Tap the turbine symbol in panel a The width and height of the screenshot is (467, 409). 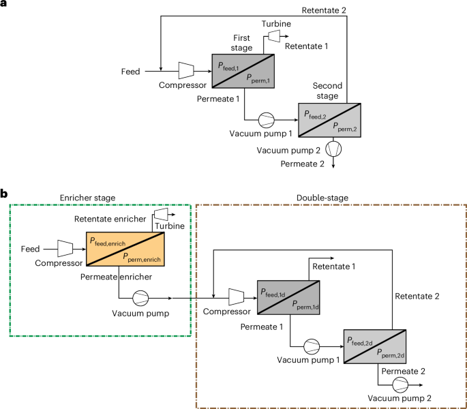pos(275,34)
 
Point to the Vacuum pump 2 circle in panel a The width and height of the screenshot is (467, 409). pos(333,147)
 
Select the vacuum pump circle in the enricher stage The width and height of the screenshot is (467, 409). pos(140,297)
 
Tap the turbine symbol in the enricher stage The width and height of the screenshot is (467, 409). pos(162,215)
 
